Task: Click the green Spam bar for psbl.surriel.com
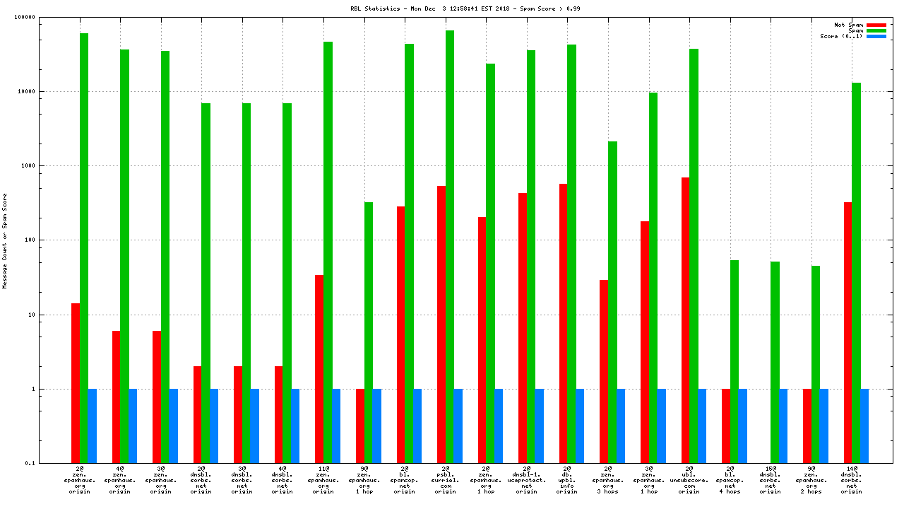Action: (x=450, y=247)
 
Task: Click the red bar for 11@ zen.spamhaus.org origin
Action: (x=319, y=368)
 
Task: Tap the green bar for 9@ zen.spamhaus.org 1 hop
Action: (x=369, y=332)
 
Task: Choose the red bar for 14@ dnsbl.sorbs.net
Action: (x=847, y=332)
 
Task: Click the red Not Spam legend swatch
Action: (x=876, y=25)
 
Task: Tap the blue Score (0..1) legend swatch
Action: (x=876, y=36)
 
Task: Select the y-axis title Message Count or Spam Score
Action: (x=5, y=240)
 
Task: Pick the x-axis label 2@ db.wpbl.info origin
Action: (x=567, y=479)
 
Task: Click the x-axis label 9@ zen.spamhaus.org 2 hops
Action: (x=811, y=479)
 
